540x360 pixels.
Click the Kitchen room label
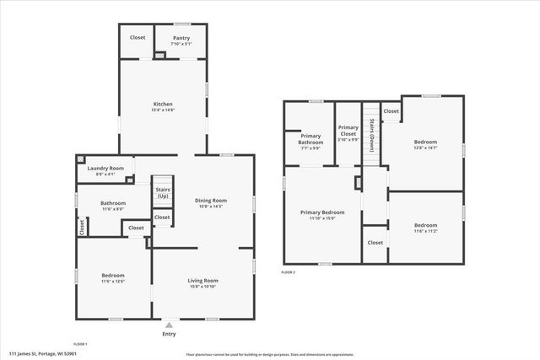click(164, 105)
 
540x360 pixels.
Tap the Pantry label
click(181, 38)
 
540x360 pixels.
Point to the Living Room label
click(202, 281)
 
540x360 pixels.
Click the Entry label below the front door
click(170, 334)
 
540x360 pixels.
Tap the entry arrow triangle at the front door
click(170, 324)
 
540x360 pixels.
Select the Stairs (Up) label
click(163, 193)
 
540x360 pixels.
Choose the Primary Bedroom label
click(322, 212)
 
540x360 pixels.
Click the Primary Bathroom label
click(311, 139)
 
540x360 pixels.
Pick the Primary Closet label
click(348, 131)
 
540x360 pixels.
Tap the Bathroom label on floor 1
click(113, 203)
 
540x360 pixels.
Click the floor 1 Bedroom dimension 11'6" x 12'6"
click(113, 282)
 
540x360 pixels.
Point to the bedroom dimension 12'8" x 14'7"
click(425, 148)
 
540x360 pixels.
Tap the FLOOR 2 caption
click(289, 272)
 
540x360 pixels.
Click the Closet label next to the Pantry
click(137, 38)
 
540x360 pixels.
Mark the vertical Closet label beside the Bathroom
click(82, 227)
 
